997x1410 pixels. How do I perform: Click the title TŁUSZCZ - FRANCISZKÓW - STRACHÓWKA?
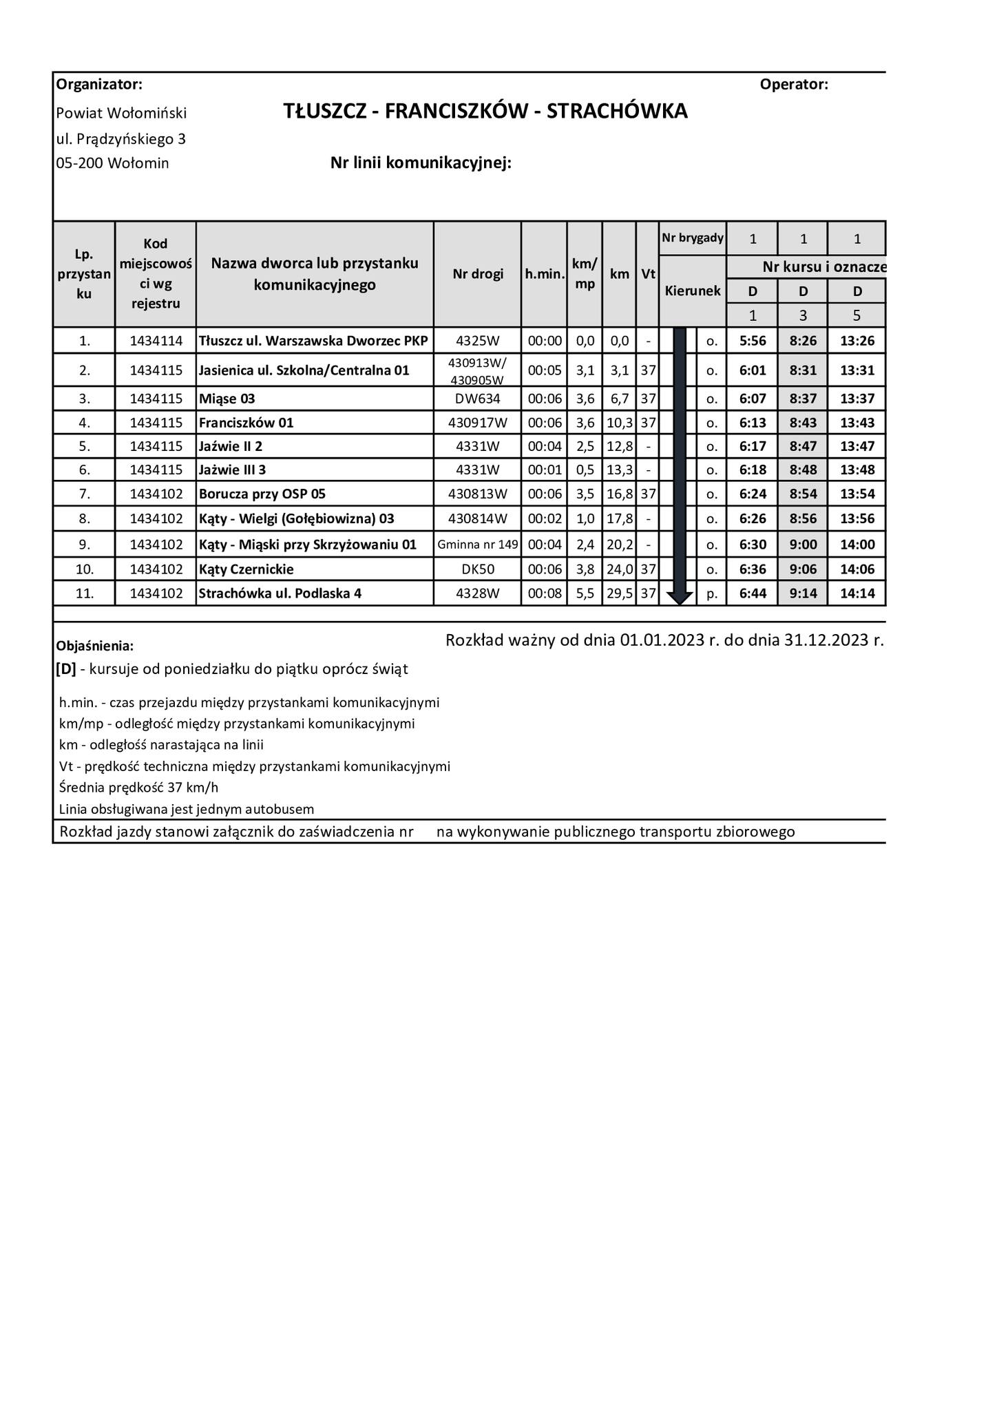[485, 112]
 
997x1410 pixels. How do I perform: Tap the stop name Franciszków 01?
[246, 423]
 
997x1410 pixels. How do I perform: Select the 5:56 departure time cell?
[753, 340]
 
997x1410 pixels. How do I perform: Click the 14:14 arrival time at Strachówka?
[857, 593]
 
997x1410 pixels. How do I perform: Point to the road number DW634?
[477, 399]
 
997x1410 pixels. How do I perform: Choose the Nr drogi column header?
[477, 274]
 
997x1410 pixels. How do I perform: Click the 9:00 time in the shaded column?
[803, 545]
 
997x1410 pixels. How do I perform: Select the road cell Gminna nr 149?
[477, 545]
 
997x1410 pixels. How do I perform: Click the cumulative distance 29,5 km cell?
[619, 593]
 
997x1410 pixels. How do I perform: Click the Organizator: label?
[99, 85]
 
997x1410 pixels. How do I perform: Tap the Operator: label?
[794, 85]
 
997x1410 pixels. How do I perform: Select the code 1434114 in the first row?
[156, 340]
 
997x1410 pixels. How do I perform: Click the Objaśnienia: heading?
[95, 646]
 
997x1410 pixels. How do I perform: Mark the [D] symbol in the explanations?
[66, 669]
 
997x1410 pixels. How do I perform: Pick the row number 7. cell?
[84, 494]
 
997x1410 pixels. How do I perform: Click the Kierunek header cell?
[692, 291]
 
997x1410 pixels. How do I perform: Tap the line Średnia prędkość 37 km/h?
[139, 788]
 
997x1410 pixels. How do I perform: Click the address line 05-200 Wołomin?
[112, 163]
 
